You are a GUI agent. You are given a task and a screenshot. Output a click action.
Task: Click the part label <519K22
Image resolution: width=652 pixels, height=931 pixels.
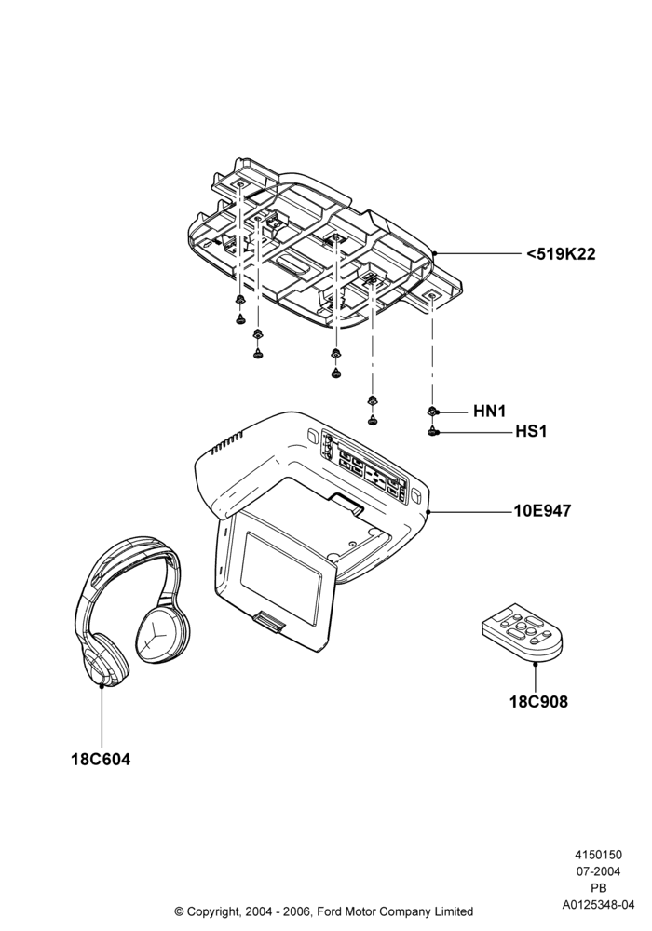pyautogui.click(x=561, y=254)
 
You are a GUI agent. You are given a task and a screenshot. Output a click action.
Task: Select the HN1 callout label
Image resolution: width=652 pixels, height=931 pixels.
pyautogui.click(x=490, y=411)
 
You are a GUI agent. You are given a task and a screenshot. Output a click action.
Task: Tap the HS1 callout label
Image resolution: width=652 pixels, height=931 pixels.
pyautogui.click(x=531, y=431)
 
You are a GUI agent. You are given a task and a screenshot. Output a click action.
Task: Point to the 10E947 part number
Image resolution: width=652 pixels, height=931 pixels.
pyautogui.click(x=542, y=510)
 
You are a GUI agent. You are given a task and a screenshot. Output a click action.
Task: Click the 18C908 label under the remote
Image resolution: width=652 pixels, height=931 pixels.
pyautogui.click(x=538, y=702)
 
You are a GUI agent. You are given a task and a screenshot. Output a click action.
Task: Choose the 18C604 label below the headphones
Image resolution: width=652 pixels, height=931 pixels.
pyautogui.click(x=101, y=759)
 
